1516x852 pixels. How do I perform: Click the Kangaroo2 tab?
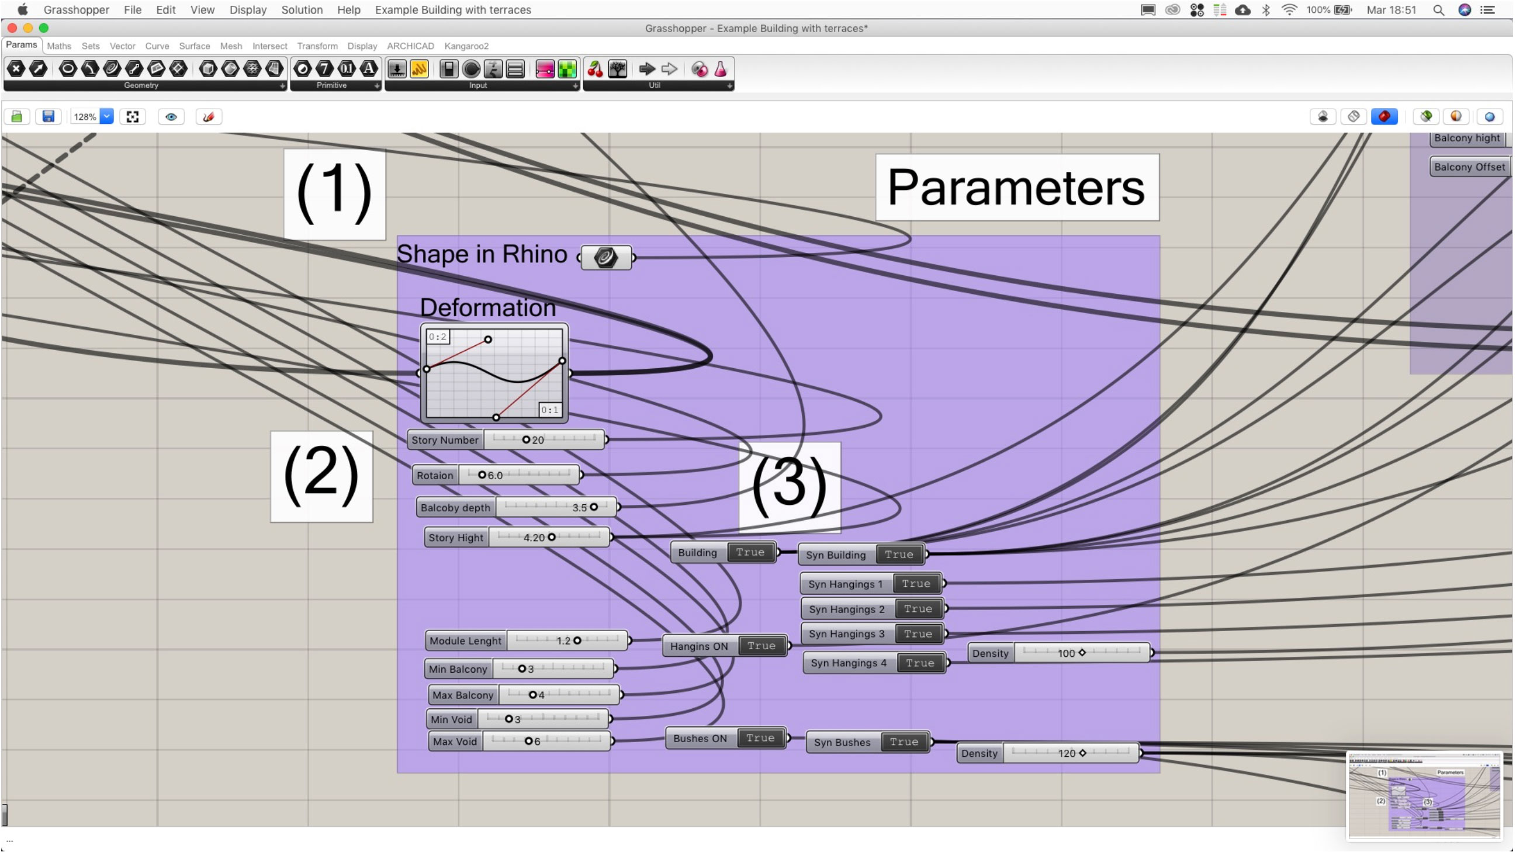tap(466, 46)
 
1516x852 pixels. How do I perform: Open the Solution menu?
tap(302, 10)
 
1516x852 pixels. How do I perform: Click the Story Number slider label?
tap(445, 440)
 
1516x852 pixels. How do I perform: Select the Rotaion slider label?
tap(435, 476)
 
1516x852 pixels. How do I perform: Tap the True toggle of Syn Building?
tap(899, 555)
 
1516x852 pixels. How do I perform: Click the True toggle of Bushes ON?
tap(760, 739)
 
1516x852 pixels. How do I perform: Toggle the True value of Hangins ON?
tap(761, 646)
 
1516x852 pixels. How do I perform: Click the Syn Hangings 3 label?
tap(846, 634)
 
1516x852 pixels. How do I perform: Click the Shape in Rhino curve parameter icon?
tap(605, 258)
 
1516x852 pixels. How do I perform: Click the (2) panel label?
tap(321, 477)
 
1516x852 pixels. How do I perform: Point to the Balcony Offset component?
tap(1469, 167)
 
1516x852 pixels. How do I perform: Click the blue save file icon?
tap(49, 116)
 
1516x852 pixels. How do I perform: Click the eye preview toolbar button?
tap(171, 116)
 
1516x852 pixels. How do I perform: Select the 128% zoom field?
tap(85, 116)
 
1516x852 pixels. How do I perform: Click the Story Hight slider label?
tap(455, 538)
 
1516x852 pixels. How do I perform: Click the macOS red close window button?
tap(12, 27)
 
